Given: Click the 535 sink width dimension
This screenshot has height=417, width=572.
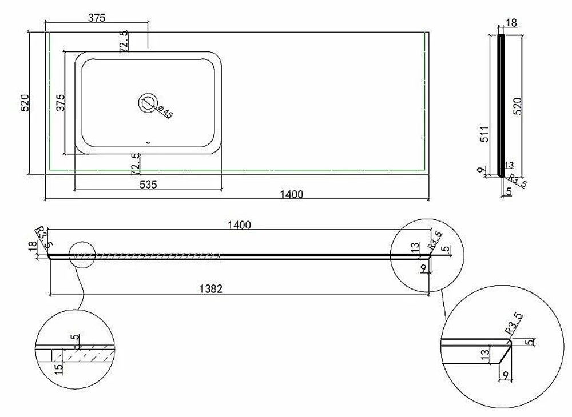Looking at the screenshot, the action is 148,185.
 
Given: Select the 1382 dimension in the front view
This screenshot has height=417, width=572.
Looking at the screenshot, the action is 211,289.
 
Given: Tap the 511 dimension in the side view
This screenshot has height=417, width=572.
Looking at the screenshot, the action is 484,134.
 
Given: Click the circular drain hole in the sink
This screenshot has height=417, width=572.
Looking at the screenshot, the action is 148,103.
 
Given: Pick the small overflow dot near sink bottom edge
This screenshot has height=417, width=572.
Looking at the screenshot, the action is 148,142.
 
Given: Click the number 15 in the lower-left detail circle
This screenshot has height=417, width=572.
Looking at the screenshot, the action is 58,368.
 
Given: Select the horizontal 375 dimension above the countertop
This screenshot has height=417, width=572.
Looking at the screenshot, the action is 97,18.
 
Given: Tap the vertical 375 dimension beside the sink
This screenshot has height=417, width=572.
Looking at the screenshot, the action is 61,102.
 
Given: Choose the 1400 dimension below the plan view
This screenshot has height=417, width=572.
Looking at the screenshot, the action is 292,194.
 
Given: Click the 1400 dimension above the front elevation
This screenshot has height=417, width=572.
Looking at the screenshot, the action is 239,224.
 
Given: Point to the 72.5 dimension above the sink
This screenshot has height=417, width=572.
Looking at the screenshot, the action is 124,41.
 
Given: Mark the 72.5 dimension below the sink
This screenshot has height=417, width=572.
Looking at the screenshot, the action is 136,164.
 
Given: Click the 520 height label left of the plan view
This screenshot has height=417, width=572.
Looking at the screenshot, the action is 24,103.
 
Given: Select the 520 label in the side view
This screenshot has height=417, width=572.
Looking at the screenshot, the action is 518,106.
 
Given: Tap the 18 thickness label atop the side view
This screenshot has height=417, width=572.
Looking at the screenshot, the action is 511,23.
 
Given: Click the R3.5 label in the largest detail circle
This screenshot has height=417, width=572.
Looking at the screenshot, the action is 514,323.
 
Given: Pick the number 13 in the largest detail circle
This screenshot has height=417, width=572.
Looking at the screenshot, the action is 485,354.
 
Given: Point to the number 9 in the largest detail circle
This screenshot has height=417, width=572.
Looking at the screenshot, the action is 506,374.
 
